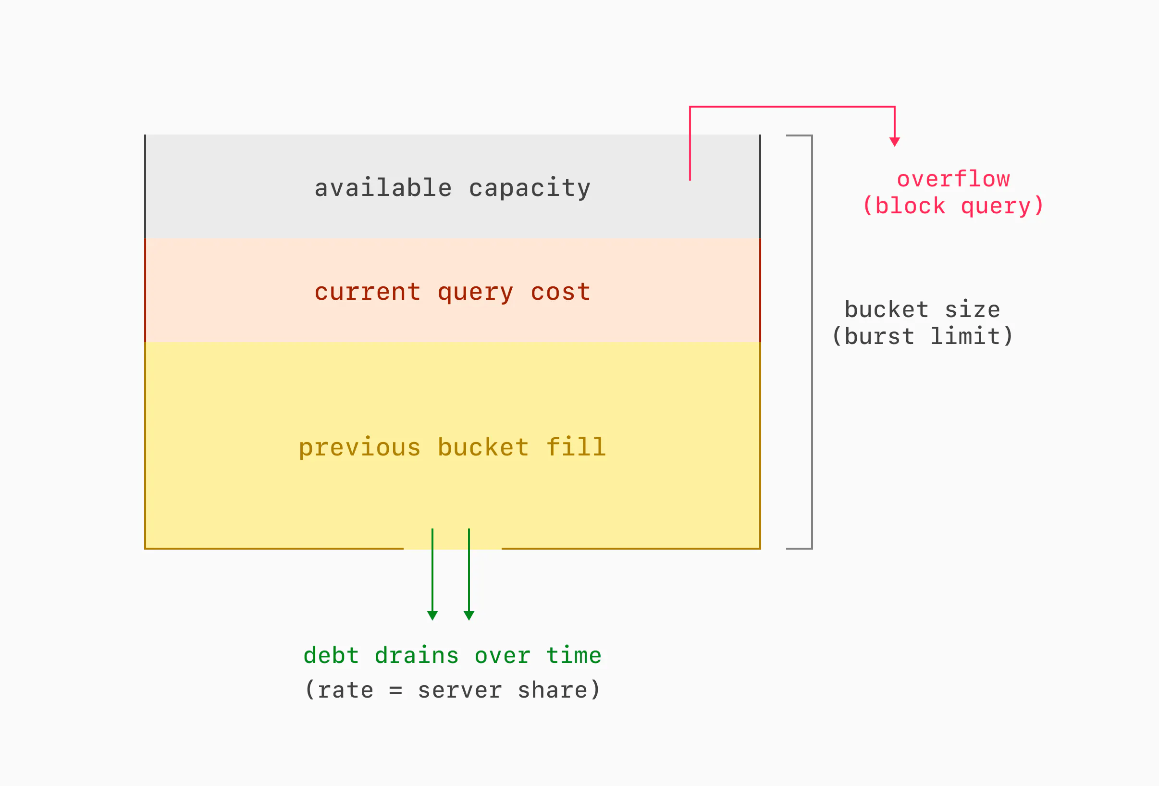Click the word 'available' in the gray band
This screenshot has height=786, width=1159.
tap(382, 188)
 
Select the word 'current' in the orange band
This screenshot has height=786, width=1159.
tap(368, 292)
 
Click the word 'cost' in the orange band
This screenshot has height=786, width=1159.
tap(561, 292)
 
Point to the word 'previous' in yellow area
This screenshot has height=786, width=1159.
tap(359, 447)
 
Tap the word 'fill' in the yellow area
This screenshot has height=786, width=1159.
tap(576, 446)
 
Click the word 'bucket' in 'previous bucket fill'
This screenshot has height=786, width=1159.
tap(483, 447)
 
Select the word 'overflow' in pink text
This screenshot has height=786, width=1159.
tap(953, 179)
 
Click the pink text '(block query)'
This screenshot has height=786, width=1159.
tap(953, 206)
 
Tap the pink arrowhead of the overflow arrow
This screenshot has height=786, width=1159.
tap(895, 142)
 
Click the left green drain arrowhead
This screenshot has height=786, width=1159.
tap(432, 615)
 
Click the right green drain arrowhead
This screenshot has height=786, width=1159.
tap(469, 615)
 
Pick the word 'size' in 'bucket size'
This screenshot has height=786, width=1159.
tap(973, 310)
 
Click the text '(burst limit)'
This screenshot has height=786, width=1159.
tap(923, 336)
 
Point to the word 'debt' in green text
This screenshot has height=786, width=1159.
tap(331, 655)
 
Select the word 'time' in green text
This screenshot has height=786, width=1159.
tap(574, 655)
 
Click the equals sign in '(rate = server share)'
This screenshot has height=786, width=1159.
tap(395, 691)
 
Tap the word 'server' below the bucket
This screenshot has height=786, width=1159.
tap(459, 691)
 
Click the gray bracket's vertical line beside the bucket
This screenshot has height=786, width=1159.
tap(812, 342)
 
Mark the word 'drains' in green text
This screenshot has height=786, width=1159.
tap(417, 655)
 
